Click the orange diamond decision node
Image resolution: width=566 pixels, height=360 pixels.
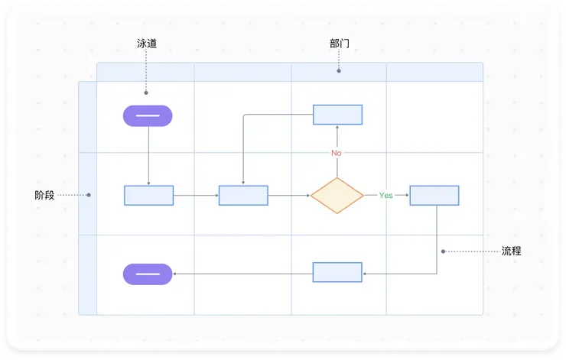[337, 196]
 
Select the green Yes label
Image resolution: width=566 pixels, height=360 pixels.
[385, 196]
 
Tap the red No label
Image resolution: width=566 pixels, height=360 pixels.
[337, 153]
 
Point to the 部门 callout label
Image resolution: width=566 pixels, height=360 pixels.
[339, 44]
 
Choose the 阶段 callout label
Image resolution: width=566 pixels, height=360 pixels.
[45, 195]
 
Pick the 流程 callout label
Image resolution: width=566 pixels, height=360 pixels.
[512, 251]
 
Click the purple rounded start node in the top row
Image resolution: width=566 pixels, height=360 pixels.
[148, 116]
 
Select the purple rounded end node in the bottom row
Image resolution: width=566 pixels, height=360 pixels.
[148, 274]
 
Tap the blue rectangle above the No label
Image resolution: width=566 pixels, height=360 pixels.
[337, 115]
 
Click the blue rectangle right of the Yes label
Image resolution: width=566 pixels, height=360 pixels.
[434, 196]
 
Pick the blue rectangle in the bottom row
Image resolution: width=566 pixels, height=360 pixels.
[337, 272]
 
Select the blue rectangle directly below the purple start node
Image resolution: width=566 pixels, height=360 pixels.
[148, 196]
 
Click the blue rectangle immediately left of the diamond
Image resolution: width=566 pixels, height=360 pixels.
[243, 196]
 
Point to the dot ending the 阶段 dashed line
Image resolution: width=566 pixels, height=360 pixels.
[89, 195]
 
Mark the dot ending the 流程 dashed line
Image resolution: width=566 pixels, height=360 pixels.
[443, 251]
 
